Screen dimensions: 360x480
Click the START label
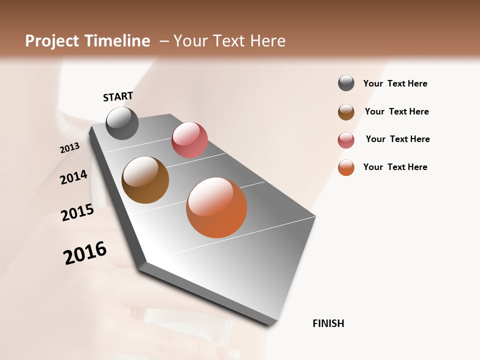(118, 96)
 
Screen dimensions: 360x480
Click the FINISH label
(328, 323)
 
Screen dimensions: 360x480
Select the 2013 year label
(69, 148)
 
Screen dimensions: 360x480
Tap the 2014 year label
(73, 177)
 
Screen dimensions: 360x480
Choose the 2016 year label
(85, 253)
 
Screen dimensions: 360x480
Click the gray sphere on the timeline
(122, 123)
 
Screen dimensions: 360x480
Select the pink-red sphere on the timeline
(189, 140)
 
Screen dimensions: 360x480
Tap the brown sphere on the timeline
(145, 180)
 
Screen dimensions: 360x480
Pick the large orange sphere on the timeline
(216, 207)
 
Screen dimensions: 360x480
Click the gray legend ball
(346, 83)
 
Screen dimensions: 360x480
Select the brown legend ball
(346, 112)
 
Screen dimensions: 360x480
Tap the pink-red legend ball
(346, 140)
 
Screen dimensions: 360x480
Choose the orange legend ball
(346, 167)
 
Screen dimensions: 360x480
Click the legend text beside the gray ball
(395, 83)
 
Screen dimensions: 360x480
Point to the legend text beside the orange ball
(395, 167)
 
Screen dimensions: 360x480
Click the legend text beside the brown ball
(396, 111)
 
